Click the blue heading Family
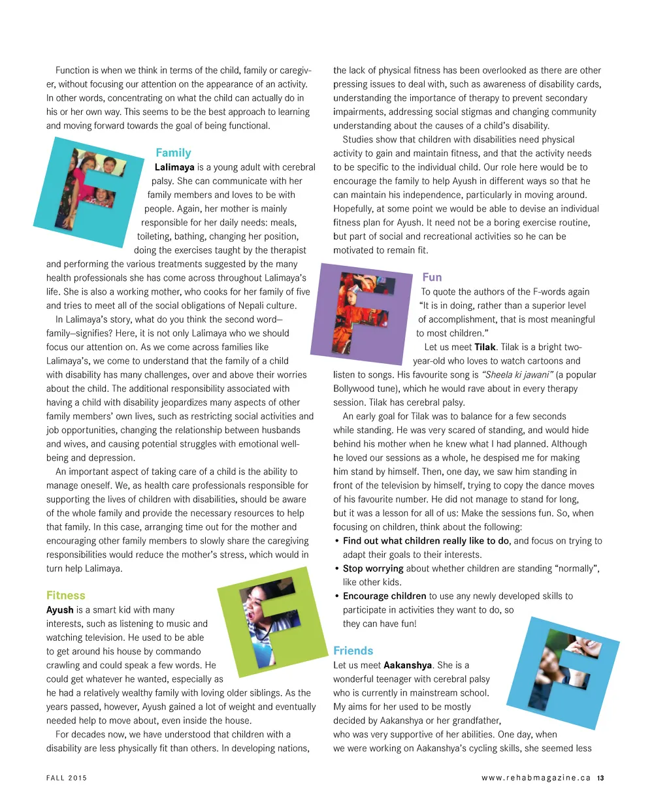173,153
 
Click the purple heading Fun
432,277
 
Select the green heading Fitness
65,595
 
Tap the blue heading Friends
353,651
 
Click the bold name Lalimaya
174,167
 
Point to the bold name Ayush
59,609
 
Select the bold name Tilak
485,347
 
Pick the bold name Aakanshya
408,665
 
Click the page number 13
600,778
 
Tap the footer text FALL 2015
66,778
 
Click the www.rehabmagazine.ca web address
536,778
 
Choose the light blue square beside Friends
564,673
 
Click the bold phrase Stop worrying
373,568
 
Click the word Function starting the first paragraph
73,71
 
